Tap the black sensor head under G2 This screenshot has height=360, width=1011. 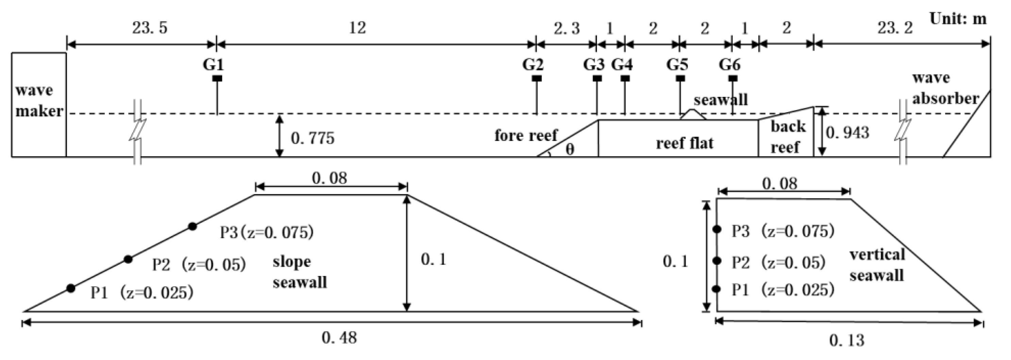click(x=536, y=79)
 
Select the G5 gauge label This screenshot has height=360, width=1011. click(x=677, y=64)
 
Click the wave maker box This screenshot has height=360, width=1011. click(x=38, y=104)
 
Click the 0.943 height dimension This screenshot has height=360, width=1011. click(x=847, y=133)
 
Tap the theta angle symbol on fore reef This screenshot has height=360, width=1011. click(x=570, y=150)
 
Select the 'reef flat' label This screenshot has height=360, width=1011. click(x=684, y=143)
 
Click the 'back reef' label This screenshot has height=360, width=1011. click(x=786, y=137)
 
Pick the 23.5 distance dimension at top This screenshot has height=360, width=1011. click(x=150, y=28)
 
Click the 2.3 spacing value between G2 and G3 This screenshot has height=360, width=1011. click(x=566, y=28)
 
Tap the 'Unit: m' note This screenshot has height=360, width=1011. click(x=958, y=18)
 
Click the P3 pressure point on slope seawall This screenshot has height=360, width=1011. click(x=192, y=226)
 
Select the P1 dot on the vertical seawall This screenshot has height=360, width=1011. click(x=716, y=289)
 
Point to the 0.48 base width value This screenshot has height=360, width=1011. click(x=339, y=338)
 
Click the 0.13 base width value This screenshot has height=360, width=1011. click(x=847, y=340)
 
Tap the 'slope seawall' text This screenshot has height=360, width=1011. click(x=299, y=272)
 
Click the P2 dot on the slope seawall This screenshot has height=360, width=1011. click(x=128, y=259)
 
